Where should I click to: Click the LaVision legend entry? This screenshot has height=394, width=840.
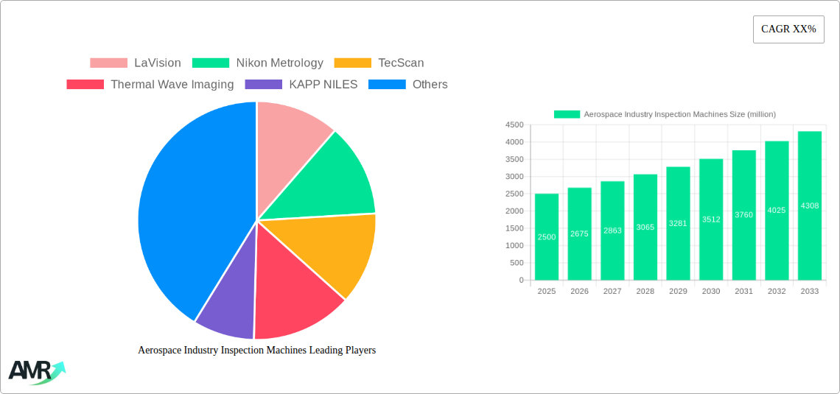pos(157,63)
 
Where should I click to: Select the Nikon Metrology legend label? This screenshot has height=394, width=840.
pos(279,63)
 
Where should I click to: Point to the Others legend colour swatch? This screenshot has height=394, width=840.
pos(387,85)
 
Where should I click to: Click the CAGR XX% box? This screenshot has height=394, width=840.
pos(788,29)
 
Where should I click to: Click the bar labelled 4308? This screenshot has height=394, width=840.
pos(809,205)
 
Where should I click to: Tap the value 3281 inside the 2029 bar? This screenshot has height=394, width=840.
pos(678,223)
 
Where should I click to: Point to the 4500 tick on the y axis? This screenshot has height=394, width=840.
pos(514,125)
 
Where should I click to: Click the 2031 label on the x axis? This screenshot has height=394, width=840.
pos(743,291)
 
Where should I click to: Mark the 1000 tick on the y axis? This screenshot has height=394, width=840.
pos(514,245)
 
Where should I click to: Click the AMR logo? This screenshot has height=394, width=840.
pos(35,371)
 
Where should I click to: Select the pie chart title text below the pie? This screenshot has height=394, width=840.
pos(256,351)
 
